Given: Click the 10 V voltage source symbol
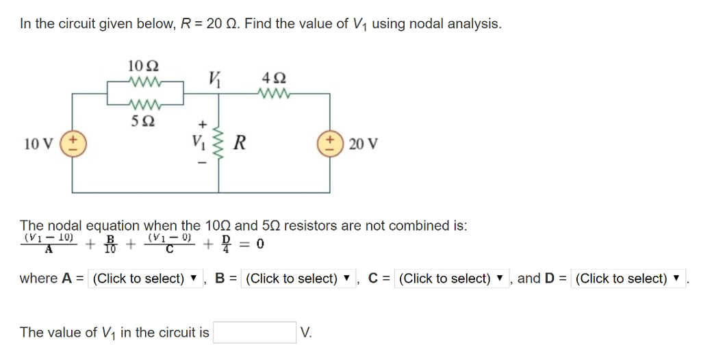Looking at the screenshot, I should click(74, 144).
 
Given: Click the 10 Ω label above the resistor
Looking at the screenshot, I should click(144, 67).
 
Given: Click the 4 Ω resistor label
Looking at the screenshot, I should click(274, 77).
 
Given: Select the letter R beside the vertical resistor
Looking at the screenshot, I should click(240, 144).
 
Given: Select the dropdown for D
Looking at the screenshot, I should click(628, 279).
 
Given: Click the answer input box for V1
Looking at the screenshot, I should click(255, 333).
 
